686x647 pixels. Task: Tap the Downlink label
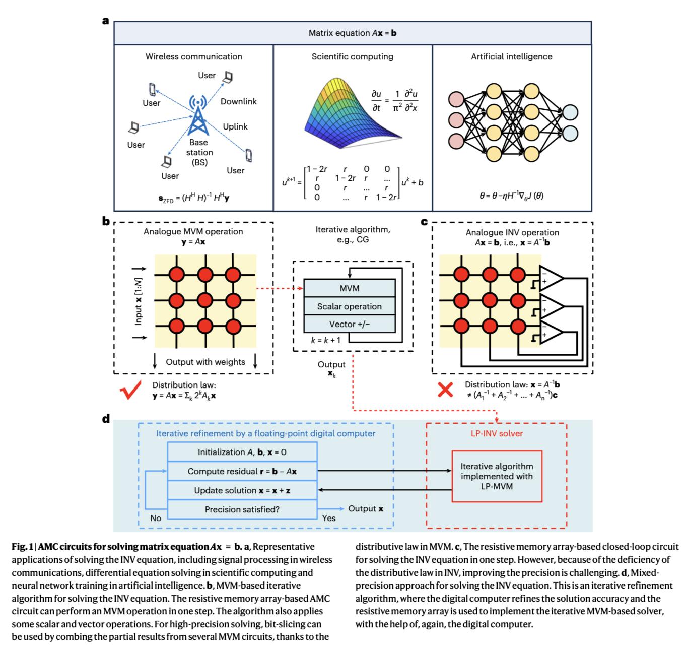(x=238, y=101)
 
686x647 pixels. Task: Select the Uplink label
(x=235, y=126)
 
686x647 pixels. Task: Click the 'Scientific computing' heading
(x=352, y=56)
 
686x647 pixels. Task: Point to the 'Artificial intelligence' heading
(x=511, y=56)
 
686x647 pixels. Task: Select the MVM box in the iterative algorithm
(x=350, y=288)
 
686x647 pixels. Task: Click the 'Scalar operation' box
(x=350, y=306)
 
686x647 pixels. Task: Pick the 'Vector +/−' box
(x=350, y=324)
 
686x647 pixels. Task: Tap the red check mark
(x=130, y=390)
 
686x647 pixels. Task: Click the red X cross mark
(x=445, y=390)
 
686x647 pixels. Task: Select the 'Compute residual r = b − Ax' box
(x=242, y=471)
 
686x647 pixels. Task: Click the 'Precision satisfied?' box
(x=242, y=509)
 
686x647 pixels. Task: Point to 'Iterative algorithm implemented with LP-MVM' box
(x=497, y=476)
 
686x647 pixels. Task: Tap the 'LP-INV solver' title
(x=497, y=433)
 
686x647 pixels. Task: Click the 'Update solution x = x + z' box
(x=242, y=490)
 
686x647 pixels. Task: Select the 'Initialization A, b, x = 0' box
(x=242, y=452)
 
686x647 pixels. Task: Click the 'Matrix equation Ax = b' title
(x=353, y=33)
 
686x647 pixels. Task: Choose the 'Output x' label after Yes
(x=365, y=508)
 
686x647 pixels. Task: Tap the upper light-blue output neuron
(x=570, y=112)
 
